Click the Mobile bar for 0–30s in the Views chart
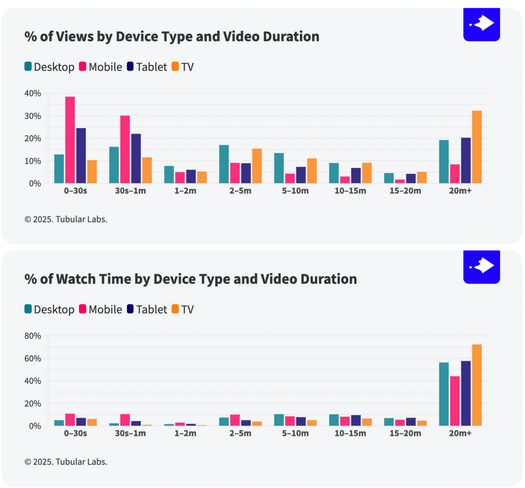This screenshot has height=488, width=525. (x=70, y=140)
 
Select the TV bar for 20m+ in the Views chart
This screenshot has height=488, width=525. (x=477, y=147)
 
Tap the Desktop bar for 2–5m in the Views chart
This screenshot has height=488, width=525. (x=224, y=164)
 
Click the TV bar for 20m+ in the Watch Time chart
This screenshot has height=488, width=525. (x=477, y=385)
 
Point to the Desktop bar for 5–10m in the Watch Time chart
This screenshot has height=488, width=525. (x=279, y=420)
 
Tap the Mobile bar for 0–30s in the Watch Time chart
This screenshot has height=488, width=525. (x=70, y=420)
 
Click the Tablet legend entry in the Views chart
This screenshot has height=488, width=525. (x=147, y=67)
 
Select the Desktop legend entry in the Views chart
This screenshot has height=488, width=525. (x=49, y=67)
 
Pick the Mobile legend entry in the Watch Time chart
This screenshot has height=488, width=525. (x=100, y=309)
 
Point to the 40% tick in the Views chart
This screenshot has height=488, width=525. (x=34, y=93)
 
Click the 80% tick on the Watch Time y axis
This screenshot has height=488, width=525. (x=34, y=336)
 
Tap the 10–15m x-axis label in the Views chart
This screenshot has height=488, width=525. (x=350, y=190)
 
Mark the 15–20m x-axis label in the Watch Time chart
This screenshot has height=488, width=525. (x=405, y=433)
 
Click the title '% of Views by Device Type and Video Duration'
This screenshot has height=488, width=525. (x=172, y=37)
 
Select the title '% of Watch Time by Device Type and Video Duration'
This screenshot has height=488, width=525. (x=191, y=279)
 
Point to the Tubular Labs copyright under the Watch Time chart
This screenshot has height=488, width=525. (x=66, y=462)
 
